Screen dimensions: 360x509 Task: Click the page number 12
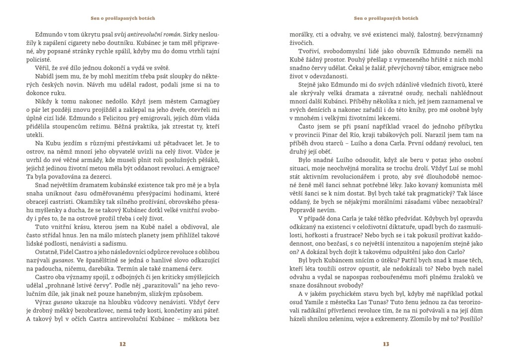[123, 344]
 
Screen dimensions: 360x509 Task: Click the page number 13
[386, 344]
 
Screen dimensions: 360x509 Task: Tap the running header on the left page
[123, 18]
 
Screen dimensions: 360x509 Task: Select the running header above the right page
[386, 18]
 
